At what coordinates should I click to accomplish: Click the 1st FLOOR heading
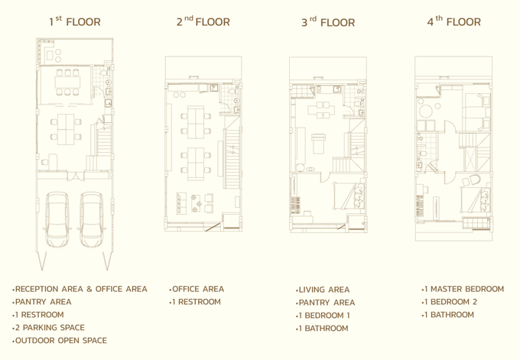(x=75, y=21)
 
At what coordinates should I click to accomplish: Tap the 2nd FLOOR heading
(x=203, y=21)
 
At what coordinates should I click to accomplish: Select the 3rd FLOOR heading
(x=328, y=22)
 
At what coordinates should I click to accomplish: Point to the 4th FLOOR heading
(x=453, y=21)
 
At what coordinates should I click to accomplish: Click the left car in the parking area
(x=57, y=219)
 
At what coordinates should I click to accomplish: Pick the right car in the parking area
(x=92, y=219)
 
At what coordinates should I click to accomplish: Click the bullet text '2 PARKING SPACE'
(x=48, y=327)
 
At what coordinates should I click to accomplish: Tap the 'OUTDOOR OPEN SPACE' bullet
(x=60, y=340)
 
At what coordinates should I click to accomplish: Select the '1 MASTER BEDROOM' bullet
(x=463, y=289)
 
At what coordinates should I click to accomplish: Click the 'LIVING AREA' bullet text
(x=323, y=290)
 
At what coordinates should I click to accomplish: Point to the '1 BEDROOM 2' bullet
(x=450, y=302)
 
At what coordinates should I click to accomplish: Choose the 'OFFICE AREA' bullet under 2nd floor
(x=197, y=289)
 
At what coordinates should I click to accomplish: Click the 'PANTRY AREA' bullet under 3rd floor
(x=325, y=303)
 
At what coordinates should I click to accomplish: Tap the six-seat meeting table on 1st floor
(x=67, y=82)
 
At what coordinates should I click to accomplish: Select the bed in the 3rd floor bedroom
(x=349, y=196)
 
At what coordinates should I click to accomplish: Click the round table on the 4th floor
(x=426, y=111)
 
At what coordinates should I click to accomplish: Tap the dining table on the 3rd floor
(x=321, y=110)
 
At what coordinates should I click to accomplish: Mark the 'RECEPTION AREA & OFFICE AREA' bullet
(x=80, y=289)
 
